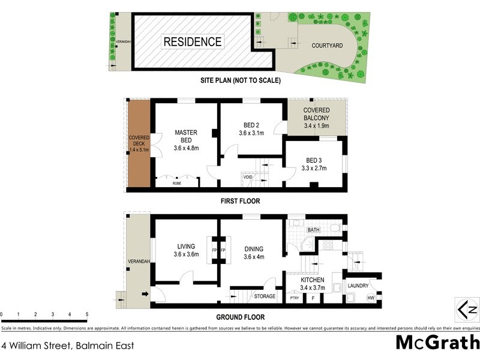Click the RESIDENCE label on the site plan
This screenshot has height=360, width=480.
(x=193, y=41)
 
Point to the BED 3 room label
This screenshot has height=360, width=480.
(x=314, y=164)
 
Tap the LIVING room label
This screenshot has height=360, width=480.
(x=187, y=250)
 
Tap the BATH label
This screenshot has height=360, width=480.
(x=314, y=230)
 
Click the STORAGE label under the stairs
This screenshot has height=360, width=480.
(x=265, y=296)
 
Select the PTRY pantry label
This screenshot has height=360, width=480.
(x=294, y=298)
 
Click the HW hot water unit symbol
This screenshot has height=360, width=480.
(x=370, y=298)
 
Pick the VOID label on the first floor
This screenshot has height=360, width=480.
(x=248, y=177)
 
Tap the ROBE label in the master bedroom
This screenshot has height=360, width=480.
(x=177, y=183)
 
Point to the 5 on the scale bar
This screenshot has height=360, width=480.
(x=87, y=314)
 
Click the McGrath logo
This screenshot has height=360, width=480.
(x=437, y=343)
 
